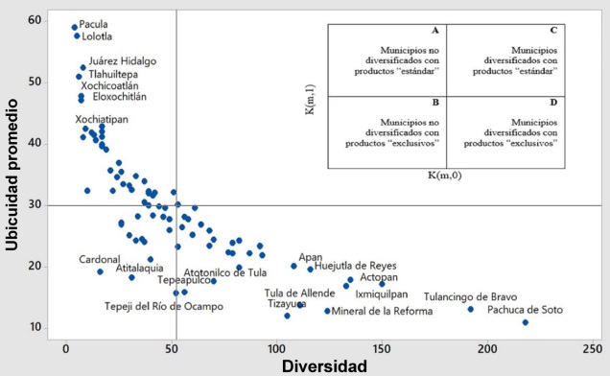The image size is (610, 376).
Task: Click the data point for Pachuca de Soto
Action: (x=525, y=322)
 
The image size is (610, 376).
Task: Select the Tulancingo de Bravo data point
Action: (x=471, y=309)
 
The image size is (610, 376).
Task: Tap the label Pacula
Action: (x=94, y=24)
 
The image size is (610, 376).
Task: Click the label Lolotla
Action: (x=97, y=36)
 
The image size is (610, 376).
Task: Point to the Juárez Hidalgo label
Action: (x=122, y=61)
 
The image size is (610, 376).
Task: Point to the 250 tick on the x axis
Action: (x=593, y=348)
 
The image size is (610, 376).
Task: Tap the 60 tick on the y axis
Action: (x=35, y=20)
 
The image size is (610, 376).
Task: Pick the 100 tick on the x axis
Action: (x=276, y=348)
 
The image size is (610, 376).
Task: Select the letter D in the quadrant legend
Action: (x=553, y=101)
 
